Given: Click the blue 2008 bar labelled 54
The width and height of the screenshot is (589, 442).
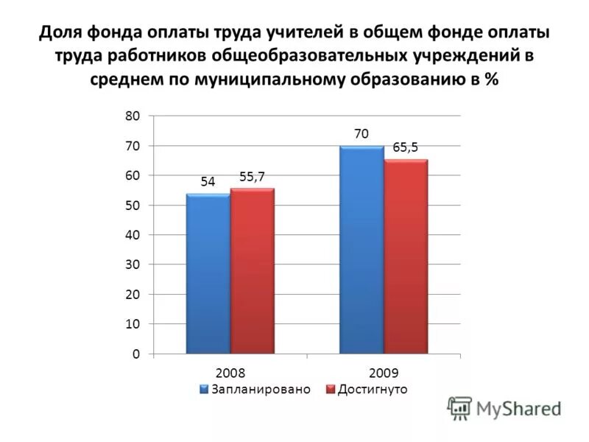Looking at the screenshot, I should point(208,273).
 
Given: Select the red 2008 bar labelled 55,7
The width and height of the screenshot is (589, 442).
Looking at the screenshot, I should point(252,271).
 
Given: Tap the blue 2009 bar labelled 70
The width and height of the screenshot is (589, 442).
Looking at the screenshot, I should point(361,250).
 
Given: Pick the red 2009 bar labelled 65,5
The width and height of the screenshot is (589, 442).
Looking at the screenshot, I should point(406,256).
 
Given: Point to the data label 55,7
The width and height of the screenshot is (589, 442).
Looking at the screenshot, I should point(252,176).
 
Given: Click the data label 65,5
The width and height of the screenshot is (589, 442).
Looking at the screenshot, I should point(405,147).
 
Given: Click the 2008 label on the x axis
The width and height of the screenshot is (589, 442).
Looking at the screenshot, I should point(230,373).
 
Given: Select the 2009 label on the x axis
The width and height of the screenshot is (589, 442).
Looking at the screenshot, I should point(384,373).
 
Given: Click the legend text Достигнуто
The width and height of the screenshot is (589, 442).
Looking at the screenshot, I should point(373,388).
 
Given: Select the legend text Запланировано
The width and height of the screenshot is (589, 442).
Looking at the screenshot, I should point(261,388).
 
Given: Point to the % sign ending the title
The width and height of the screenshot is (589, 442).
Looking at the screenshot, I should point(490,81).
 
